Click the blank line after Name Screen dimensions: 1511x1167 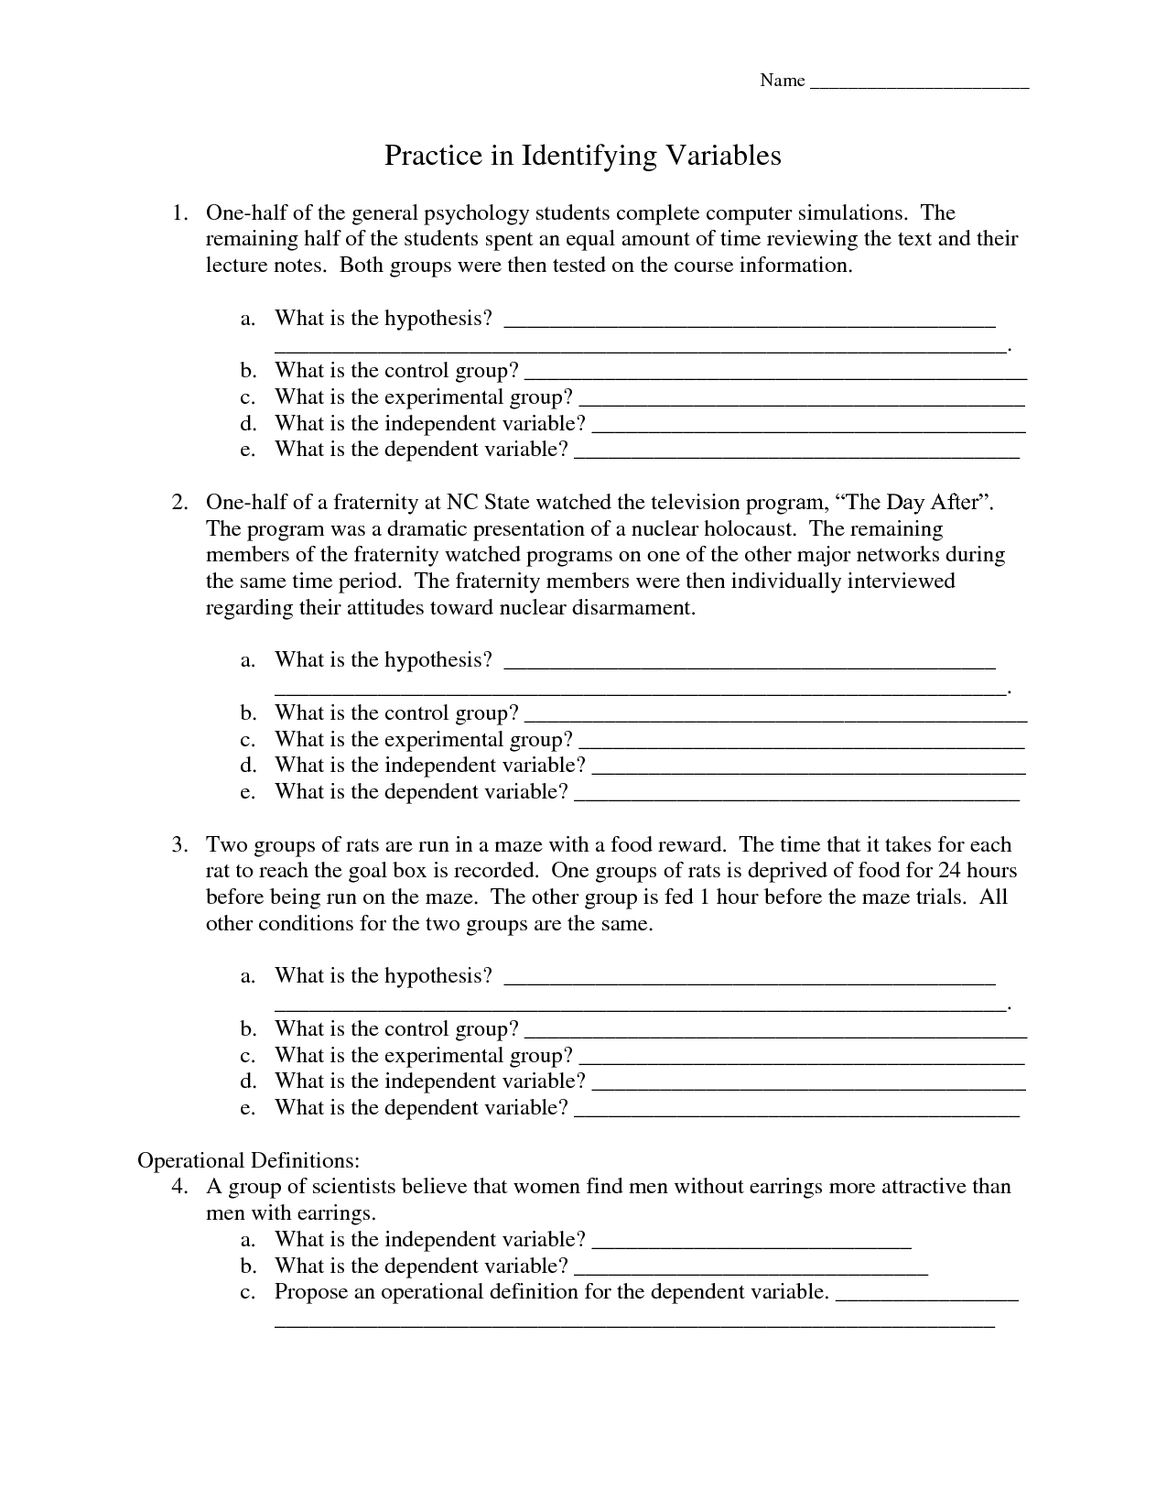point(920,85)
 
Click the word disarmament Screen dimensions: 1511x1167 point(632,608)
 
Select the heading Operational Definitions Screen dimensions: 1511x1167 point(248,1160)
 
